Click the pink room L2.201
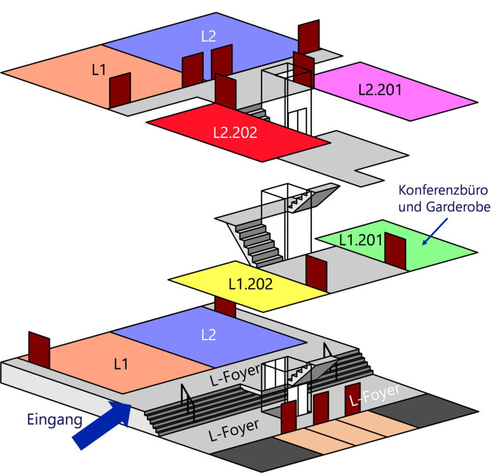[394, 91]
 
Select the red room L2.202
[238, 132]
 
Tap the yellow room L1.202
[248, 285]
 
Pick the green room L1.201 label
[361, 240]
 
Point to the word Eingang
[55, 420]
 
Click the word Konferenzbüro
[443, 190]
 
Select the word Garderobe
[458, 207]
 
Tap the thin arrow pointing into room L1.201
[434, 232]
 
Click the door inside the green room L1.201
[395, 251]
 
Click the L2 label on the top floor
[208, 36]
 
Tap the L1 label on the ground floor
[121, 364]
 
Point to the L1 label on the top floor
[99, 70]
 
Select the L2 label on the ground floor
[208, 335]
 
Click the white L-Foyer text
[374, 395]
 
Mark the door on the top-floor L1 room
[120, 90]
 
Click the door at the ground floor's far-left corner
[39, 350]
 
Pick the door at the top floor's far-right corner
[309, 37]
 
